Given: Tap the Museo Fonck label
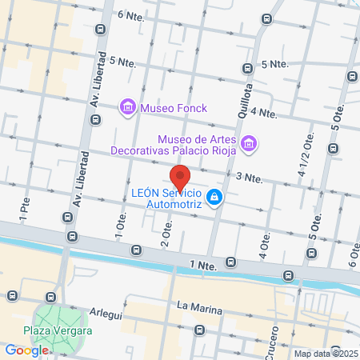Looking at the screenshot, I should (x=173, y=106).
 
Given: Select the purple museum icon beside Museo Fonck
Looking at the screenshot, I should (x=126, y=106).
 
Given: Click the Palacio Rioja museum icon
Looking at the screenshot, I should (x=250, y=143).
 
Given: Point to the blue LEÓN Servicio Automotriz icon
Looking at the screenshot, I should (x=214, y=197).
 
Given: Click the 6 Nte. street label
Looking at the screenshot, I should (x=130, y=14).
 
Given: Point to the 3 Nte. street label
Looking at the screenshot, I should (x=249, y=176).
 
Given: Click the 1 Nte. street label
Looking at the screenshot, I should (x=203, y=263).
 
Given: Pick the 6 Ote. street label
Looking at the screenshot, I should (x=353, y=254).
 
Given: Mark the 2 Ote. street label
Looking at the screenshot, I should (x=167, y=233).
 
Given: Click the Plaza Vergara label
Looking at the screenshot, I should (x=57, y=330).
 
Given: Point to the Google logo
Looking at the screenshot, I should (x=26, y=350).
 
